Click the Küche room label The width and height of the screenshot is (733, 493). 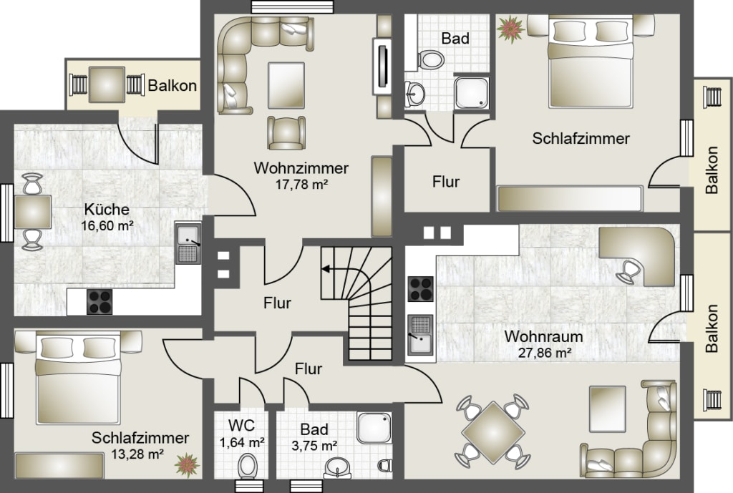107,210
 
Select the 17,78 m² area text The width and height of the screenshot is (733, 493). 301,185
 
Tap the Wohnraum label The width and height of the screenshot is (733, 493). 544,336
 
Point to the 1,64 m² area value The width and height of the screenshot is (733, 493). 243,441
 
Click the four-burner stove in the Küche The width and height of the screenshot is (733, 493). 99,302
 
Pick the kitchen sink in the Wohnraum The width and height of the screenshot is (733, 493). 420,335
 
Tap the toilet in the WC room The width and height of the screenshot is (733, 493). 247,466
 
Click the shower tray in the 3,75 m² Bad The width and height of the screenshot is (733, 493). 374,428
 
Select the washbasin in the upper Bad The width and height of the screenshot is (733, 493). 414,94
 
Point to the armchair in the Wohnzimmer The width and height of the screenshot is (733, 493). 286,132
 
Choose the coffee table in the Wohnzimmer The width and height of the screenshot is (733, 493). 286,86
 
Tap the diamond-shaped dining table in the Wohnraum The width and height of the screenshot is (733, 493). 493,433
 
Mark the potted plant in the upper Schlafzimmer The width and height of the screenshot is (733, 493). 510,29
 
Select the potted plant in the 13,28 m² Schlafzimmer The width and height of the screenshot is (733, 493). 188,465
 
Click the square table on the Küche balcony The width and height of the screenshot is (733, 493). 107,84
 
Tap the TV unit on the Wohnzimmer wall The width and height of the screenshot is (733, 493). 382,66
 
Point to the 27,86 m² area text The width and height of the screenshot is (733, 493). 545,353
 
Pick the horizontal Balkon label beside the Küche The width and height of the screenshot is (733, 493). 172,86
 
